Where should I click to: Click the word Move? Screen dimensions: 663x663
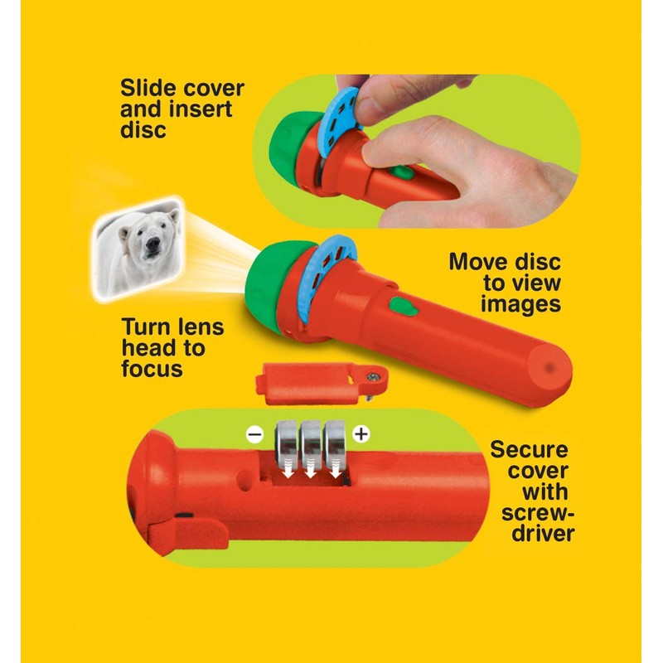[478, 263]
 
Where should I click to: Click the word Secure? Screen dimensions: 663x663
[529, 450]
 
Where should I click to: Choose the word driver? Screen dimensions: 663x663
[540, 533]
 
